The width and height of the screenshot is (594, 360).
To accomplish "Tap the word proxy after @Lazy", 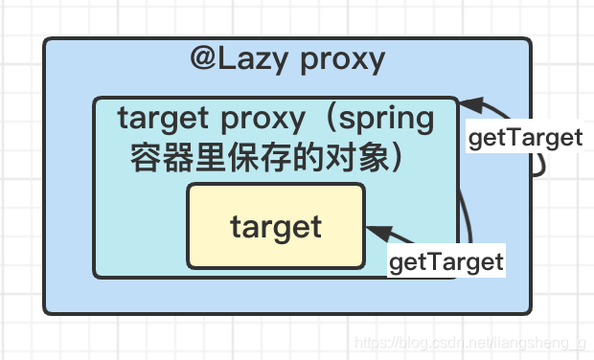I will click(x=343, y=60).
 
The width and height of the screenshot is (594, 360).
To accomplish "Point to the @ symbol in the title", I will click(x=204, y=59).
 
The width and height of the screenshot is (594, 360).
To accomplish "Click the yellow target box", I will click(x=276, y=226).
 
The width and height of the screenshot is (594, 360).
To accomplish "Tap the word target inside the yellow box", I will click(x=276, y=227).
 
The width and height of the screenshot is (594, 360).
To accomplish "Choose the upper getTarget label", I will click(x=525, y=138).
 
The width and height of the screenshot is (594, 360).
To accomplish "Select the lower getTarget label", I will click(x=446, y=260).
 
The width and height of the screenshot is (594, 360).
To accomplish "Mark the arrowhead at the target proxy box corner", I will click(x=468, y=104).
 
